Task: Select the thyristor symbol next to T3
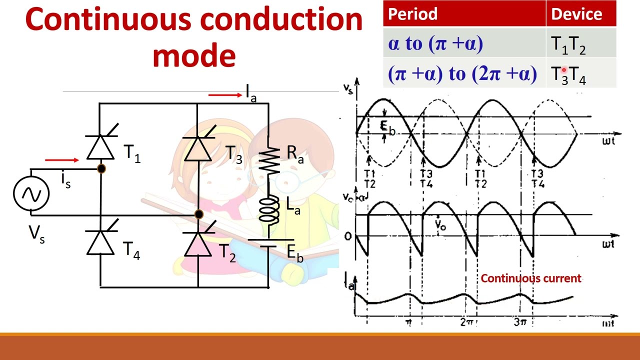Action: tap(198, 148)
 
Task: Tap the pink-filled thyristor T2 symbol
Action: tap(198, 245)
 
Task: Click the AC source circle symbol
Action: tap(31, 194)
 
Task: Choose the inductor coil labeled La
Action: tap(268, 209)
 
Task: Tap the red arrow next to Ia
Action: tap(225, 94)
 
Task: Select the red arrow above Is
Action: tap(61, 160)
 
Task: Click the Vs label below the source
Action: tap(36, 234)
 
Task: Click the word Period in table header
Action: tap(413, 14)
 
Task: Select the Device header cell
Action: tap(576, 14)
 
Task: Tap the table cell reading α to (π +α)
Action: tap(435, 44)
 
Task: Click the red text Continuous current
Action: tap(531, 278)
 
